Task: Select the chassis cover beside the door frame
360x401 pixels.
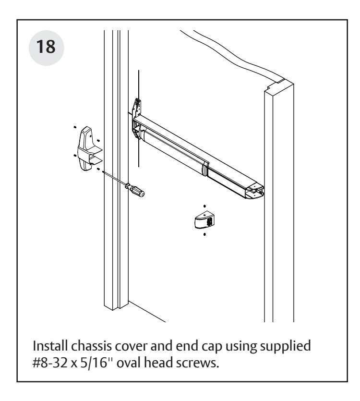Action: [x=90, y=146]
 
